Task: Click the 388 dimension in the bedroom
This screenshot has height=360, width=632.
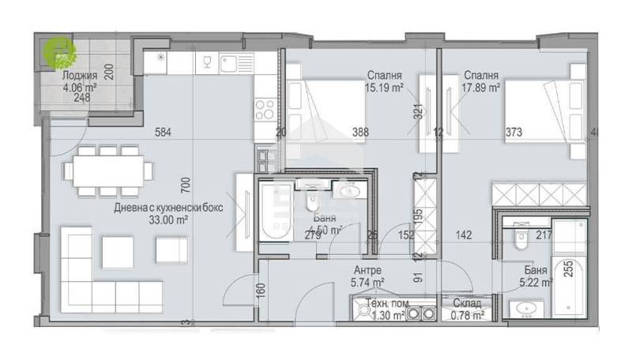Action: (338, 133)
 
